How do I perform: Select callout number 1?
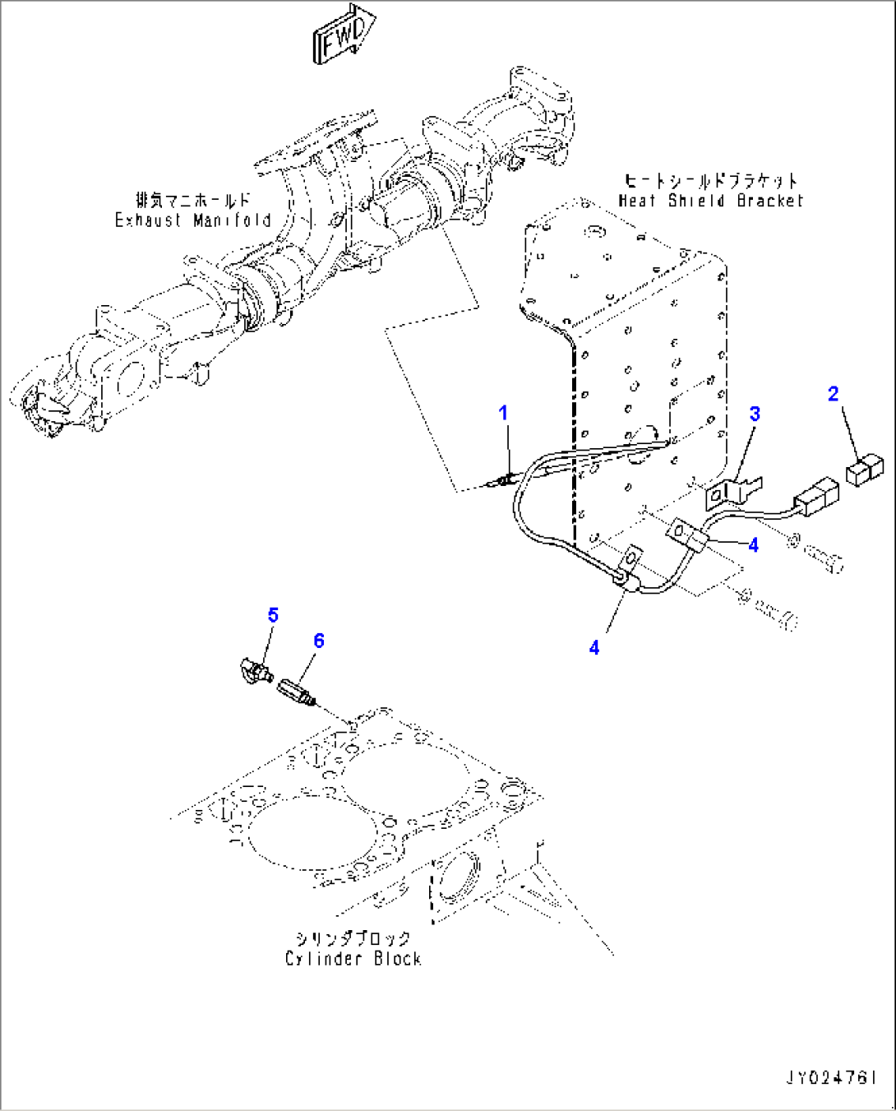point(504,413)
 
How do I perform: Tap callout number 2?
point(833,394)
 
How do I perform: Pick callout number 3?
point(754,414)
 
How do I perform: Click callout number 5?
point(273,615)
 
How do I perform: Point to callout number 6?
point(319,641)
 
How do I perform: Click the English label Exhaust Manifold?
point(193,220)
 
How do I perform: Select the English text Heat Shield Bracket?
point(710,201)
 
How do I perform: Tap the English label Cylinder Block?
point(353,959)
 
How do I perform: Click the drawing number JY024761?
point(830,1077)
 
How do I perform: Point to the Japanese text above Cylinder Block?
point(353,938)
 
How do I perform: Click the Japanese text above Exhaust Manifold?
point(193,200)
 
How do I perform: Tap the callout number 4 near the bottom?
point(594,648)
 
